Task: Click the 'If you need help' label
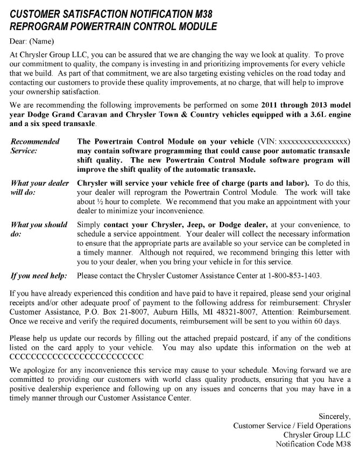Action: [39, 276]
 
